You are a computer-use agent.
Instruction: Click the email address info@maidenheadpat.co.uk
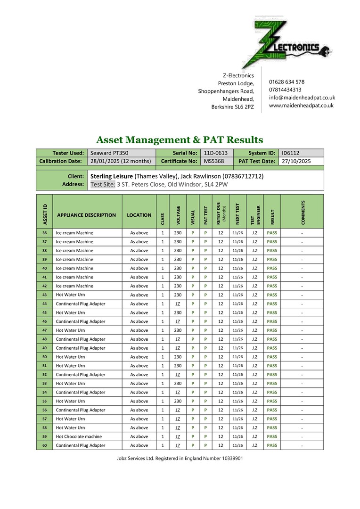(x=302, y=98)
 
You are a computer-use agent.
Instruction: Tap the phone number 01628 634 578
(x=286, y=82)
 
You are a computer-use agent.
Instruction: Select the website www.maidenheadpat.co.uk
(x=301, y=106)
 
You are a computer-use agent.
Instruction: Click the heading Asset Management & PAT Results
(x=180, y=140)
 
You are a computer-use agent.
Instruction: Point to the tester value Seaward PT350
(x=109, y=153)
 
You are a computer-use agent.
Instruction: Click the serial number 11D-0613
(x=215, y=153)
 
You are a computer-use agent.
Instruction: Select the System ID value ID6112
(x=291, y=153)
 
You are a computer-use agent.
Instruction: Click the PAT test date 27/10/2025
(x=296, y=161)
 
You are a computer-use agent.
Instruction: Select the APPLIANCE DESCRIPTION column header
(x=86, y=215)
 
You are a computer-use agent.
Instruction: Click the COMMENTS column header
(x=303, y=212)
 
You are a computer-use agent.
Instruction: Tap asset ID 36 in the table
(x=44, y=233)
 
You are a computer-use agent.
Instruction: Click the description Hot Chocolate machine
(x=79, y=436)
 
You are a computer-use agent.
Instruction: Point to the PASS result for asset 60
(x=272, y=445)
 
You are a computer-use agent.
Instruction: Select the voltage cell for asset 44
(x=178, y=304)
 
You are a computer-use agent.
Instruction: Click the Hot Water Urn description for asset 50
(x=71, y=357)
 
